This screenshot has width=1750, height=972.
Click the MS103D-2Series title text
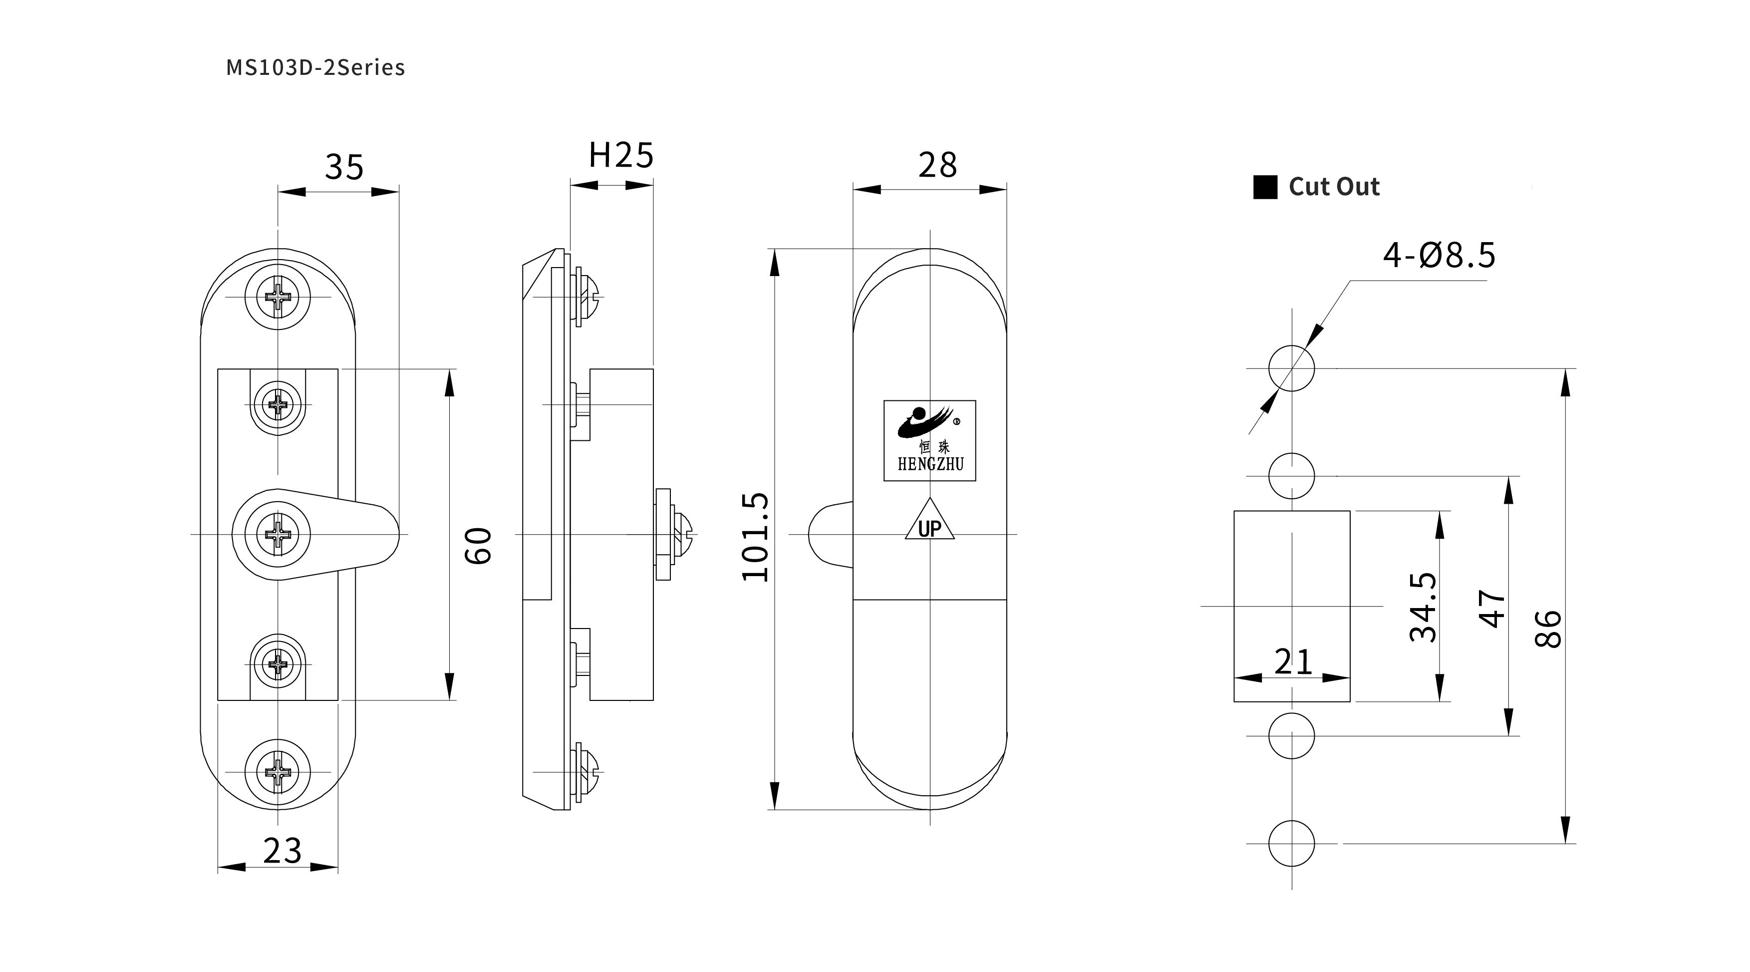(x=315, y=67)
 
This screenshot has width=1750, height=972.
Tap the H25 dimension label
(x=620, y=156)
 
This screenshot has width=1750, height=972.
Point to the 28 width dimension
(x=937, y=165)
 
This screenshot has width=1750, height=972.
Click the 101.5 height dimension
(x=755, y=537)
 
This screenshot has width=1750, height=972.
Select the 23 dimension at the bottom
(x=282, y=850)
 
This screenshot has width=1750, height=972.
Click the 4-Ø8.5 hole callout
(x=1439, y=256)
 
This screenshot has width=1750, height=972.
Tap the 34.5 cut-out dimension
(x=1423, y=607)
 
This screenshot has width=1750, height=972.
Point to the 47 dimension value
(x=1492, y=608)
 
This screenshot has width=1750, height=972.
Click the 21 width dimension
(x=1292, y=661)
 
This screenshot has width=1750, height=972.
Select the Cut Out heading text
(x=1334, y=187)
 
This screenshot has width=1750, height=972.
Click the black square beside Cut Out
(x=1265, y=188)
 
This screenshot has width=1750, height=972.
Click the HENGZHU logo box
(x=929, y=441)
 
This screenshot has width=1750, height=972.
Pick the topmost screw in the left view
(x=278, y=297)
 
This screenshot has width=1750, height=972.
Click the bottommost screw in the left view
(x=278, y=772)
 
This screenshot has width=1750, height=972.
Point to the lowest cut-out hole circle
(x=1291, y=844)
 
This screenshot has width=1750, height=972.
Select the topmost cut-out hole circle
(x=1291, y=368)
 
